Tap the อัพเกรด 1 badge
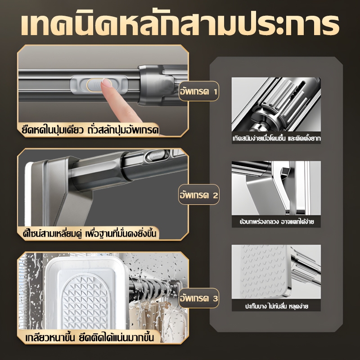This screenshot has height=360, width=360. pyautogui.click(x=199, y=91)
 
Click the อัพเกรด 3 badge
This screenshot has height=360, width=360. pyautogui.click(x=199, y=298)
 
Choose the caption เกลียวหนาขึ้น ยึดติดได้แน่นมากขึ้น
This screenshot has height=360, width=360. pyautogui.click(x=90, y=337)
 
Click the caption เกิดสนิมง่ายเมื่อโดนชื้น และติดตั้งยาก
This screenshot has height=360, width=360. pyautogui.click(x=276, y=139)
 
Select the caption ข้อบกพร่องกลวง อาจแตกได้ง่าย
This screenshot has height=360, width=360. pyautogui.click(x=276, y=222)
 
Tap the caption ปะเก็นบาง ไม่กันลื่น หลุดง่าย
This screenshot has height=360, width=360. pyautogui.click(x=276, y=306)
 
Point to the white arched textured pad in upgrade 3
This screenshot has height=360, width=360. pyautogui.click(x=85, y=301)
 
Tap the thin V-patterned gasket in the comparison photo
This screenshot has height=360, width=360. pyautogui.click(x=263, y=271)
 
